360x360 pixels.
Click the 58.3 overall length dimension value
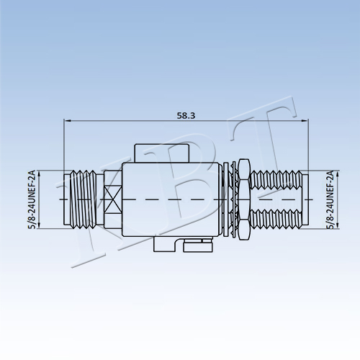(186, 116)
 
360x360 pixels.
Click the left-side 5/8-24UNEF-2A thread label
(32, 199)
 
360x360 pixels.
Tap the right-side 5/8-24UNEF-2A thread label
(331, 199)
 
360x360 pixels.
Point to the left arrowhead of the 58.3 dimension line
(67, 120)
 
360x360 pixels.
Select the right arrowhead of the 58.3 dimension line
(305, 120)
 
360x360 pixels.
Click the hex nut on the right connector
(245, 199)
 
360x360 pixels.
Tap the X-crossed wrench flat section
(113, 199)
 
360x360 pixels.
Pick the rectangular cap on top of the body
(162, 153)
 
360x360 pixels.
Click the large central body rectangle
(172, 199)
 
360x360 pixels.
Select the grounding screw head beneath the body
(198, 247)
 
